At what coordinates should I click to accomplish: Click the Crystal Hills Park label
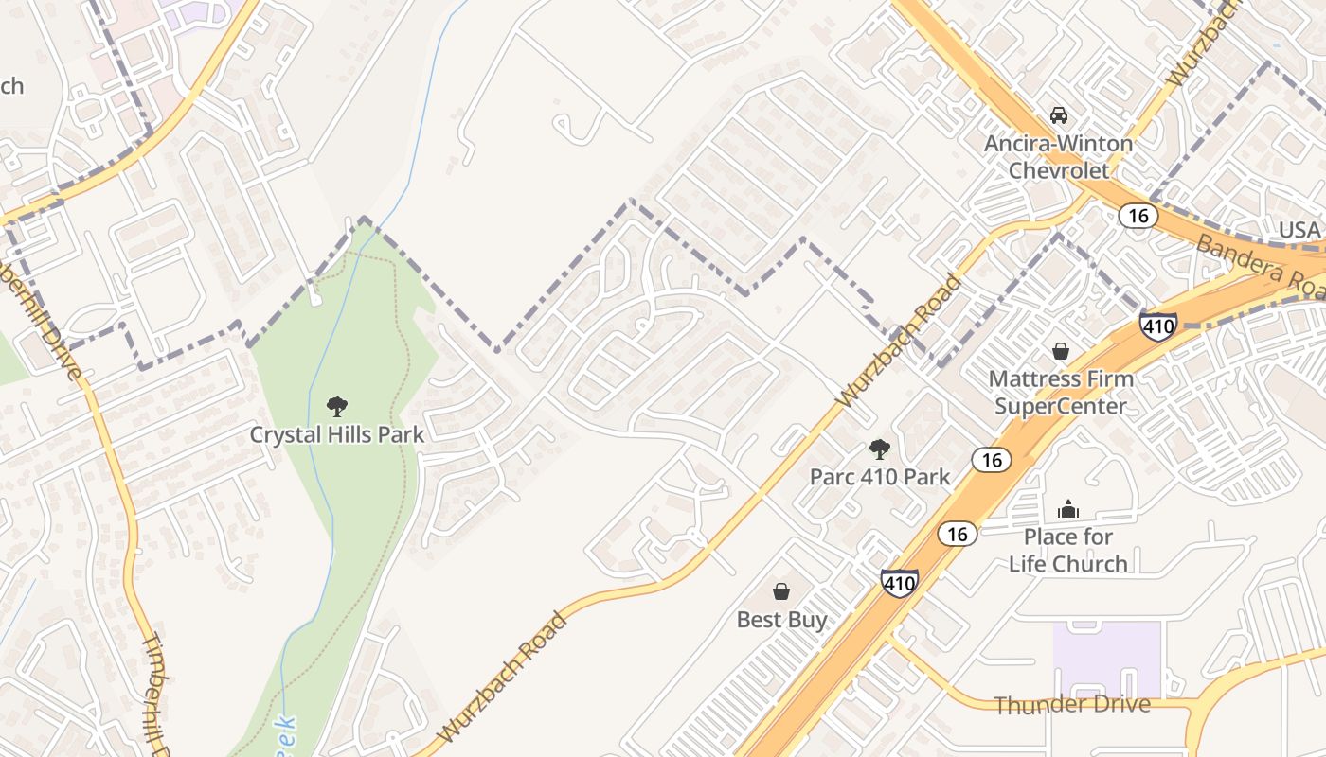coord(336,434)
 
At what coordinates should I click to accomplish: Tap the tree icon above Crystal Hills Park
coord(336,408)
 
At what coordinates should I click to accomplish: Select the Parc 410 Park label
coord(879,476)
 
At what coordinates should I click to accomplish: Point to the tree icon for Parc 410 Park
coord(880,449)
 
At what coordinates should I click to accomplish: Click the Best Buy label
coord(781,620)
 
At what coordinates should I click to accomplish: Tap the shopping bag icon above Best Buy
coord(781,592)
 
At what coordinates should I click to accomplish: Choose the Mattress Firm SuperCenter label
coord(1060,393)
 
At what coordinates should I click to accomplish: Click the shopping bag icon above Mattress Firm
coord(1061,352)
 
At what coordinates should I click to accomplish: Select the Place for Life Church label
coord(1067,550)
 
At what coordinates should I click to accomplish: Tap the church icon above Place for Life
coord(1068,509)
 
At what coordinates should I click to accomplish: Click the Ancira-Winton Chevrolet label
coord(1058,157)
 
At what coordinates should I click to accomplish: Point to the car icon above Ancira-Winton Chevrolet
coord(1059,115)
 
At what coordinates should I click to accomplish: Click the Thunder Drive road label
coord(1072,704)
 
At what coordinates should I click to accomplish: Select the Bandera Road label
coord(1259,264)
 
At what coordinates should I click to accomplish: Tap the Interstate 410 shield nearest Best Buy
coord(898,582)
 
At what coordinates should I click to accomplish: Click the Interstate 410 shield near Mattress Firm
coord(1157,326)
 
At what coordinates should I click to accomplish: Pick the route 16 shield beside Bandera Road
coord(1138,216)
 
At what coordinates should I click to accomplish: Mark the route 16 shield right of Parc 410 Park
coord(991,460)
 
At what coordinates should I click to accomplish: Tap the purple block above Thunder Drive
coord(1106,660)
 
